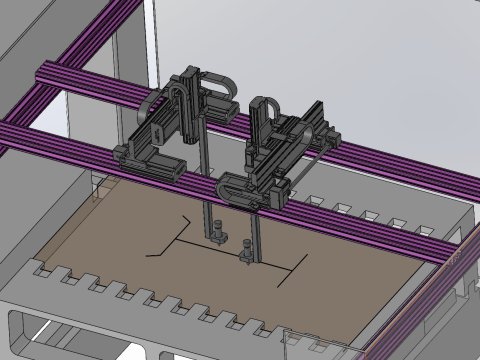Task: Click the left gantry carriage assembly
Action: (165, 135)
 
